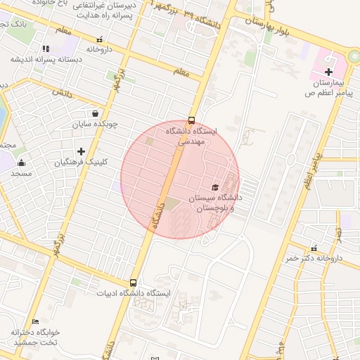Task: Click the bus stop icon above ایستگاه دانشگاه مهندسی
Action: coord(192,120)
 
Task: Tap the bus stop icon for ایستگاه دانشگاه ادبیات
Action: coord(133,283)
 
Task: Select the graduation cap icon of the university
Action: coord(214,187)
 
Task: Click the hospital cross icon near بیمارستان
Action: coord(329,72)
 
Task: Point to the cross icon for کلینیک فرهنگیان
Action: coord(82,151)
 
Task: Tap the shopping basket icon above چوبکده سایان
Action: coord(95,113)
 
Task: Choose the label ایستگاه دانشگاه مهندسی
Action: coord(193,136)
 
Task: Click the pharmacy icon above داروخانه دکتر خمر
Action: coord(314,247)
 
